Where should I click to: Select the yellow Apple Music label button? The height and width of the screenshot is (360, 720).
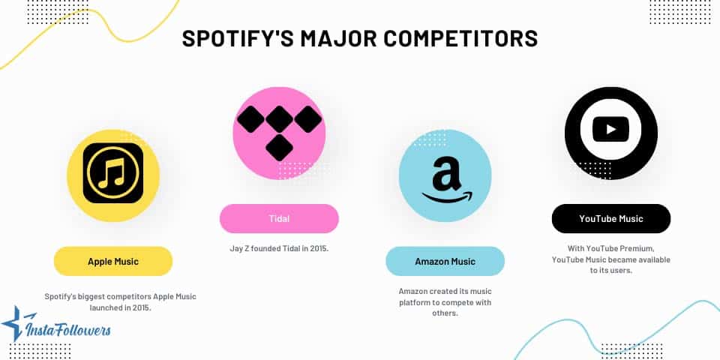click(113, 261)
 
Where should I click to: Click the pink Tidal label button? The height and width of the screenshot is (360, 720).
click(279, 218)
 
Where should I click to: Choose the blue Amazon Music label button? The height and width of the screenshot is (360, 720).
click(445, 261)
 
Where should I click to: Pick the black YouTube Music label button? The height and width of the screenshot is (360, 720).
click(610, 218)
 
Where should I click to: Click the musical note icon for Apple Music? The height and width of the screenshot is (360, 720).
click(113, 172)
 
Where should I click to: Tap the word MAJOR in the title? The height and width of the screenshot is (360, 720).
click(331, 38)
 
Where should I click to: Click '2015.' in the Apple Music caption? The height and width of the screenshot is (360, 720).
click(140, 307)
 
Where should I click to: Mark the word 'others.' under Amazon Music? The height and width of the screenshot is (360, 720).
click(445, 313)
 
